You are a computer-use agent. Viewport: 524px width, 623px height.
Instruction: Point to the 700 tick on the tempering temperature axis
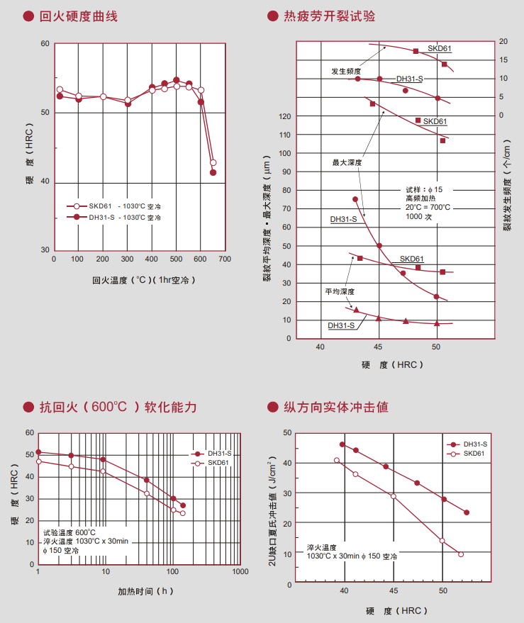pyautogui.click(x=225, y=259)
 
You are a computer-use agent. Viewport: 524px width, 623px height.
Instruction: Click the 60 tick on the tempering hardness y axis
pyautogui.click(x=45, y=44)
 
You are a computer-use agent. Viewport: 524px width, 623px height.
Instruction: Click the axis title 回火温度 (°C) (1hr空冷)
pyautogui.click(x=142, y=280)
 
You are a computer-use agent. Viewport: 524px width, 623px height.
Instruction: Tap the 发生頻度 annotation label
pyautogui.click(x=345, y=72)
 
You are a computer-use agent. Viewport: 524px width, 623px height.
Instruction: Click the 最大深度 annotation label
pyautogui.click(x=347, y=162)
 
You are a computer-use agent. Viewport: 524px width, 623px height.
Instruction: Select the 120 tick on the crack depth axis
pyautogui.click(x=286, y=116)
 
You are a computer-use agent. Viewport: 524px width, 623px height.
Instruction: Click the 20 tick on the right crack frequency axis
pyautogui.click(x=503, y=42)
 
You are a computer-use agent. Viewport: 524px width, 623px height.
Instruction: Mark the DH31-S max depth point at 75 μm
pyautogui.click(x=355, y=199)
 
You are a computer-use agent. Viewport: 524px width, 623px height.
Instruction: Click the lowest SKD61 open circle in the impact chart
pyautogui.click(x=461, y=554)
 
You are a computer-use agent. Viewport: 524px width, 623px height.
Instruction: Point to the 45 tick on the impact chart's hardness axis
pyautogui.click(x=394, y=590)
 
